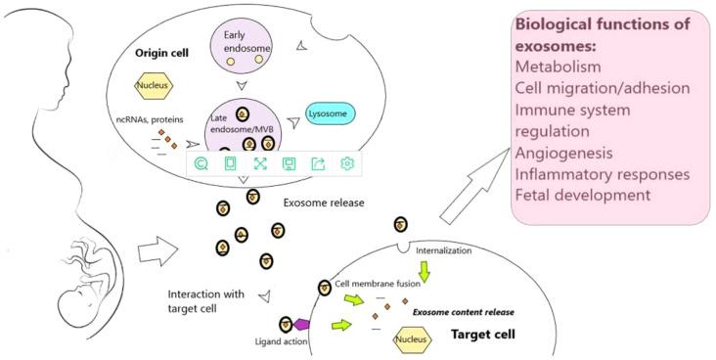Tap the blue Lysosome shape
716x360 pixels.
click(332, 112)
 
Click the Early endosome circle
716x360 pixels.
click(241, 50)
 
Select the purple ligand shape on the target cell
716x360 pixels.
click(302, 324)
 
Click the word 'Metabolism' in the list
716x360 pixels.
click(559, 67)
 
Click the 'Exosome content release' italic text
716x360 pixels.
click(463, 312)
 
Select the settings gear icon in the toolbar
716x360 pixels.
click(346, 164)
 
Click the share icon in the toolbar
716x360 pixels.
click(317, 164)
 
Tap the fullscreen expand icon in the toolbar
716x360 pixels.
click(260, 164)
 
